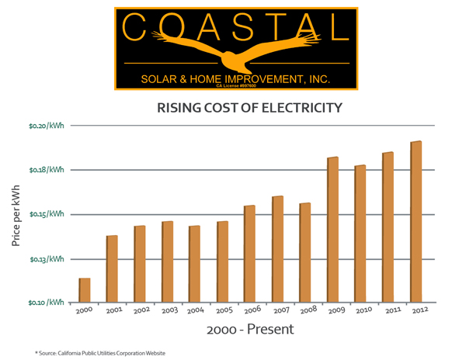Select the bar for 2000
pos(85,289)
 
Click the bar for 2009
pos(333,230)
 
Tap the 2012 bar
pos(416,221)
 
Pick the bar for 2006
pos(250,254)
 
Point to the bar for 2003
pos(168,261)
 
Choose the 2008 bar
pos(305,252)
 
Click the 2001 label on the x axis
pos(114,311)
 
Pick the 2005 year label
pos(224,311)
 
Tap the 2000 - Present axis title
pos(250,329)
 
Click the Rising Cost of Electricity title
pos(249,108)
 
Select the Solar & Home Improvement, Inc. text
pos(236,78)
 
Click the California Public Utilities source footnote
pos(100,353)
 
